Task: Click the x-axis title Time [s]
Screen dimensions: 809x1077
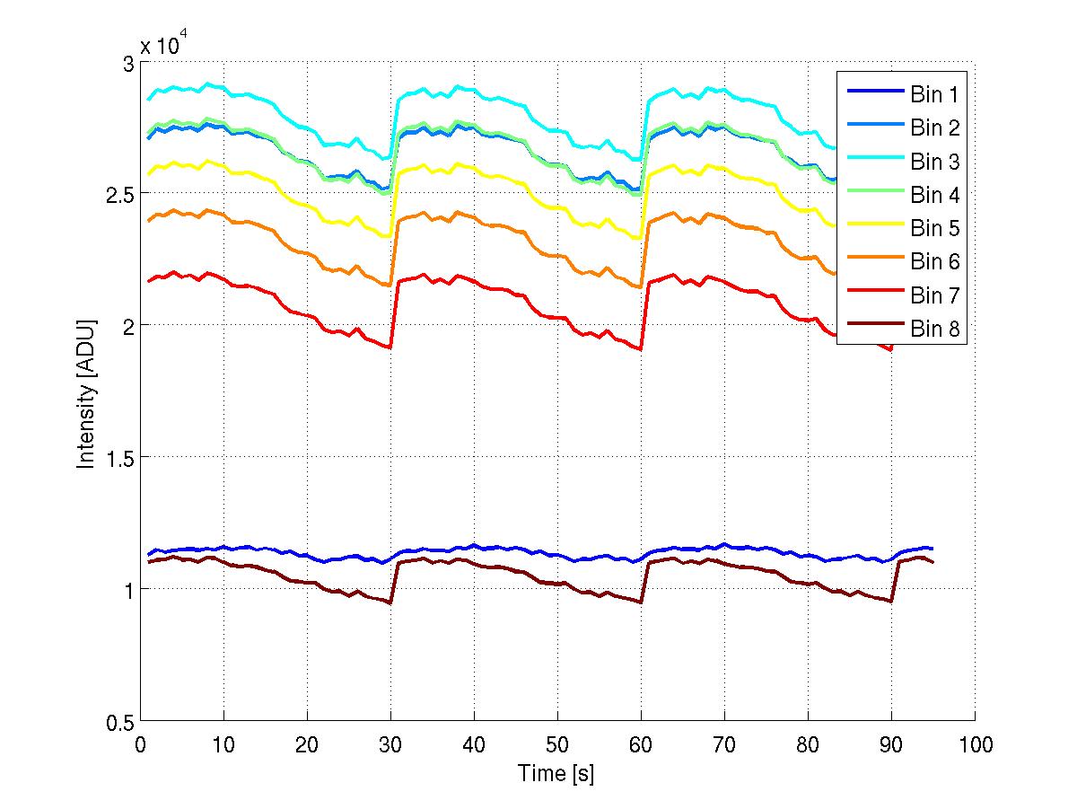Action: pyautogui.click(x=556, y=773)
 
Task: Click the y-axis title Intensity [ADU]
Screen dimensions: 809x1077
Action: pyautogui.click(x=86, y=394)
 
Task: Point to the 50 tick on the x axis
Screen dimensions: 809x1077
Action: pyautogui.click(x=557, y=744)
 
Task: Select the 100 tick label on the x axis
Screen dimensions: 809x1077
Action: pyautogui.click(x=975, y=744)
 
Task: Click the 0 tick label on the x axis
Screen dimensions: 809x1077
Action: pyautogui.click(x=140, y=744)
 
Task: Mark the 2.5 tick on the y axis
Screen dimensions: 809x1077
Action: pyautogui.click(x=118, y=194)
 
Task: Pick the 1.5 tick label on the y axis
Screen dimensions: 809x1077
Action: pyautogui.click(x=118, y=458)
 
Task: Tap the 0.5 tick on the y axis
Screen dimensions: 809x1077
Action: pyautogui.click(x=118, y=722)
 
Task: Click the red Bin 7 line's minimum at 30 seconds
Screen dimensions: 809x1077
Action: pyautogui.click(x=390, y=347)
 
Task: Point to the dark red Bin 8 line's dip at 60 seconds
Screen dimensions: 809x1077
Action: pyautogui.click(x=641, y=602)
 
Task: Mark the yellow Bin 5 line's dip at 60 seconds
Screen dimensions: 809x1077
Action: pyautogui.click(x=641, y=238)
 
